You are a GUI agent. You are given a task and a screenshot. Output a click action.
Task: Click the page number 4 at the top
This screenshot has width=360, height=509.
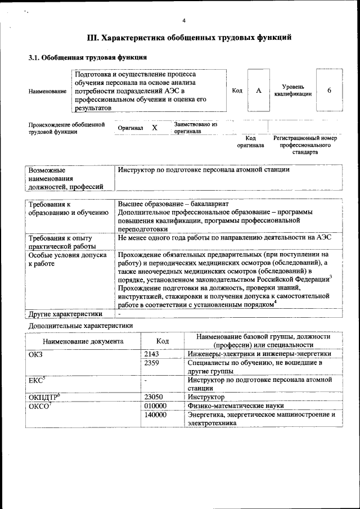click(183, 21)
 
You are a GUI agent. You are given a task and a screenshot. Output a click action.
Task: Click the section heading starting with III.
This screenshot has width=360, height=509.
click(189, 38)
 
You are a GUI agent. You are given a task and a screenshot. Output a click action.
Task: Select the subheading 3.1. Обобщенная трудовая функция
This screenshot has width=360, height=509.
click(88, 57)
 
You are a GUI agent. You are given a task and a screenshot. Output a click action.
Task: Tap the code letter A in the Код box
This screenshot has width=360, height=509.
click(258, 91)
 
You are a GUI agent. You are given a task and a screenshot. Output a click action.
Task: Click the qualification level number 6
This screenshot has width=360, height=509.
click(329, 91)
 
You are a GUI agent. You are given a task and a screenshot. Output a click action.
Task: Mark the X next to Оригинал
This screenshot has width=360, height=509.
click(154, 128)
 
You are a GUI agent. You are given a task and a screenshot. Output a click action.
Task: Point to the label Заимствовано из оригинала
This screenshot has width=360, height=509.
click(195, 128)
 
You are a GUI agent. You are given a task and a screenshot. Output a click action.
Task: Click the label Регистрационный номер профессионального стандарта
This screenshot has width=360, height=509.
click(305, 145)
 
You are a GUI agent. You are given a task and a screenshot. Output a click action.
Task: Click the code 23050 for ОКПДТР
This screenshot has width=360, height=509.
click(154, 397)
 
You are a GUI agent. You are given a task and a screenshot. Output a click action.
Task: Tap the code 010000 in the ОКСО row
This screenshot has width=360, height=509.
click(155, 406)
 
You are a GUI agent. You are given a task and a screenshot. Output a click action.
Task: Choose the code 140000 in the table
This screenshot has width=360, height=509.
click(155, 415)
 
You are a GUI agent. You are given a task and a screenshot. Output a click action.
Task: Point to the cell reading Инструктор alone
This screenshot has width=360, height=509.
click(206, 397)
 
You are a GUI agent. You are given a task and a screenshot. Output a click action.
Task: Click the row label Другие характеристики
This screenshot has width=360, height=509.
click(65, 314)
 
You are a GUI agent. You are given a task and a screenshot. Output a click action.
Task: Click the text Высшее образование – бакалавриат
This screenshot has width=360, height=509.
click(173, 204)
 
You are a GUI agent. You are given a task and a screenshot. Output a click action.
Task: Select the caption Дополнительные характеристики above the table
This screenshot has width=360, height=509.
click(80, 325)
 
